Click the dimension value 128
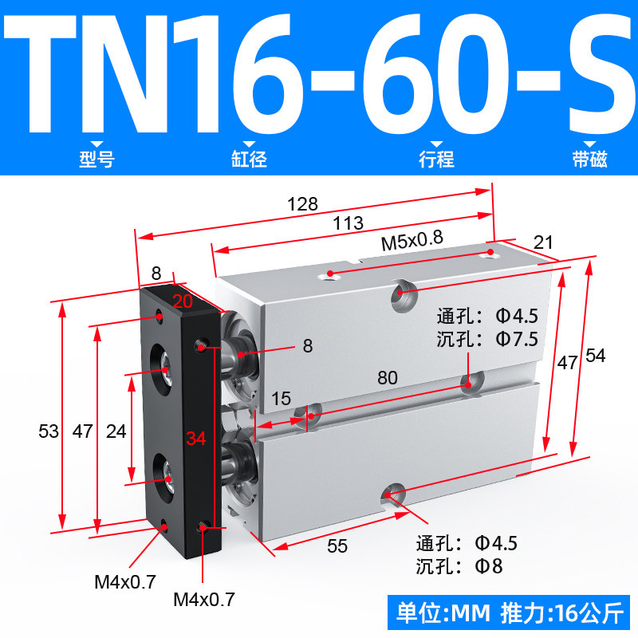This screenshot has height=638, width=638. coord(302,204)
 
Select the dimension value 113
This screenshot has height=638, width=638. coord(348,223)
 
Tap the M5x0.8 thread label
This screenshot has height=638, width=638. coord(412,241)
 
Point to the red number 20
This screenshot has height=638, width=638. coord(183,301)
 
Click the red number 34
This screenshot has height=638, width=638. coord(196,438)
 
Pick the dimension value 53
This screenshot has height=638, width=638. coord(49,431)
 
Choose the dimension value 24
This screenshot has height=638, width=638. coord(116,431)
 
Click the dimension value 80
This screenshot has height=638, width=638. coord(388,378)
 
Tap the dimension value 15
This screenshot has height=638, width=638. coord(282,399)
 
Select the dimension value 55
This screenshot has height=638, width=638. coord(337,546)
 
